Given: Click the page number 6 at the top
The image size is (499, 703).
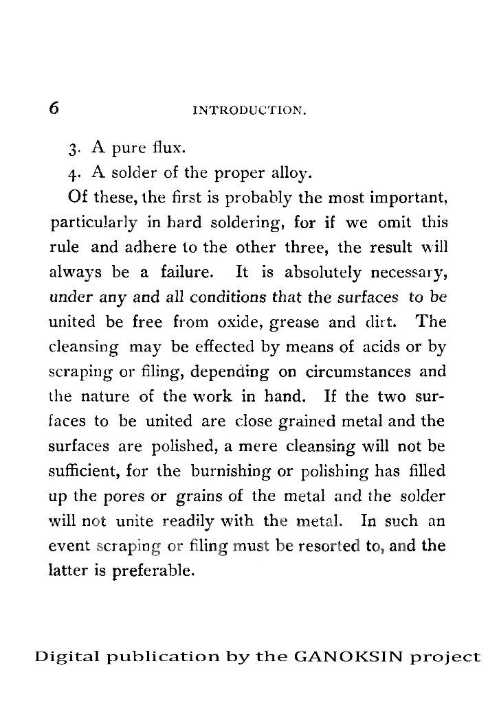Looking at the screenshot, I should click(55, 108).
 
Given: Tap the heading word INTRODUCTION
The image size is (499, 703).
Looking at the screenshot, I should click(250, 110).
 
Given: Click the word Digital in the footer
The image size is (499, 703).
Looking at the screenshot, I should click(65, 658).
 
